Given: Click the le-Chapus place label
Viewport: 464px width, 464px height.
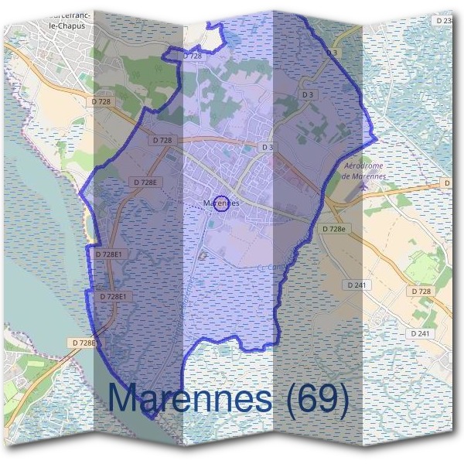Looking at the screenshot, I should (x=63, y=26).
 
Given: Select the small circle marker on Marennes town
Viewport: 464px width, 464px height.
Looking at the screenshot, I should (x=220, y=203).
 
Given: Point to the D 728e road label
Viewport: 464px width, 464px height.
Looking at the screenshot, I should (x=333, y=229).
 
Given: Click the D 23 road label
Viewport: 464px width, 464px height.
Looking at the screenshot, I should (x=445, y=21).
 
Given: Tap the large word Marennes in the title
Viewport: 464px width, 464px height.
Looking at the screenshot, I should (x=189, y=398).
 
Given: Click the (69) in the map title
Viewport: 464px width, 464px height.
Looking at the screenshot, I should (x=312, y=398).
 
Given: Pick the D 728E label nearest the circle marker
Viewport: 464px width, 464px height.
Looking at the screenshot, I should (x=145, y=183).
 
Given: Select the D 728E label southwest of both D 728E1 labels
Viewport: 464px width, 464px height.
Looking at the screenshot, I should (x=83, y=342).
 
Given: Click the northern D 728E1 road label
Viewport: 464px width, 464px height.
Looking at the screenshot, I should (x=109, y=254).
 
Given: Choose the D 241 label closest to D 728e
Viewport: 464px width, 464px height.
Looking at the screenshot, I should (x=358, y=285).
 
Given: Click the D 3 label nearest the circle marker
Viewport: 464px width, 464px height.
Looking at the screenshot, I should (x=268, y=146).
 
